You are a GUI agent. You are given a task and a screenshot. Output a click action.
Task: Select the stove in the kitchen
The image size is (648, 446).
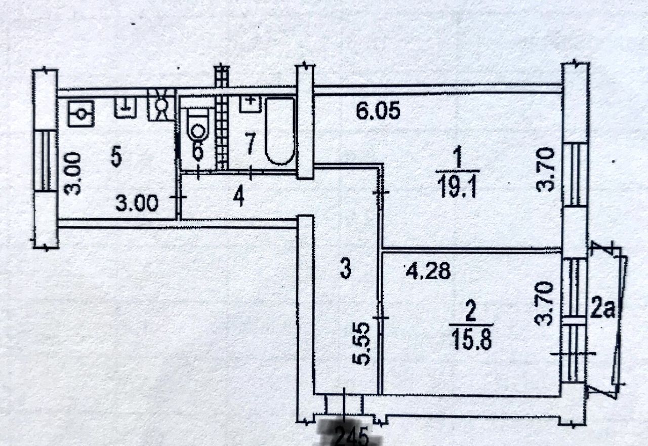coord(80,113)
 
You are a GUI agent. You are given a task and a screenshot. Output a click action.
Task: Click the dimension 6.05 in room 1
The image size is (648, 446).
coord(378,111)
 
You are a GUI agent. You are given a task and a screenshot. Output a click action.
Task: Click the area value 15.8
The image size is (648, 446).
coord(470,337)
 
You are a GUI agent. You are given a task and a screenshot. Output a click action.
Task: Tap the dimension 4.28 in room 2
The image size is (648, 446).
coord(427,272)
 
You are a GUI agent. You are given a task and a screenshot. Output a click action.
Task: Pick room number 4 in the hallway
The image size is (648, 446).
coord(238,197)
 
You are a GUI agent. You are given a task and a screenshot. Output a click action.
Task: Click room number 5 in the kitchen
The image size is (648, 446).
coord(116,158)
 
